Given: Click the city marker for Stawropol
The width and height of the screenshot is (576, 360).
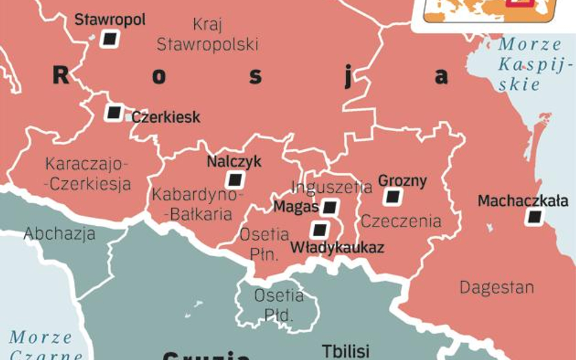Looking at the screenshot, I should click(x=109, y=39).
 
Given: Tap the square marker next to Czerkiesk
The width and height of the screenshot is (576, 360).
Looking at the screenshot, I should click(x=114, y=113).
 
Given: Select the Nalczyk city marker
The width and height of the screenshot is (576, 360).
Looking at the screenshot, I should click(x=234, y=180).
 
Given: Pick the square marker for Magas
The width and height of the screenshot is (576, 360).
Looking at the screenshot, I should click(x=330, y=208).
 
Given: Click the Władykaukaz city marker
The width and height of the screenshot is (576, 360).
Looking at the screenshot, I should click(x=319, y=230).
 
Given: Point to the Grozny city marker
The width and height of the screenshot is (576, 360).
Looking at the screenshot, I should click(x=394, y=197).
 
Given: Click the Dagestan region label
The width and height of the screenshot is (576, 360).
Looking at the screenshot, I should click(x=496, y=287).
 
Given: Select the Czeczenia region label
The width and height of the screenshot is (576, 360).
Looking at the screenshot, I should click(x=401, y=221).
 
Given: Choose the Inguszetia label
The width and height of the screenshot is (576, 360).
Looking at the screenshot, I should click(x=332, y=187).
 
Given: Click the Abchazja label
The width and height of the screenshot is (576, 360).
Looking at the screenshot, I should click(x=60, y=234).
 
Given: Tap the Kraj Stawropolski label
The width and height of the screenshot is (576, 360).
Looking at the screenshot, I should click(x=207, y=35).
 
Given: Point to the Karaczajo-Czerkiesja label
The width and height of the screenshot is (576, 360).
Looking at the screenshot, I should click(x=87, y=174).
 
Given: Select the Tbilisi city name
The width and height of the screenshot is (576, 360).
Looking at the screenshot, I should click(x=345, y=352).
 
